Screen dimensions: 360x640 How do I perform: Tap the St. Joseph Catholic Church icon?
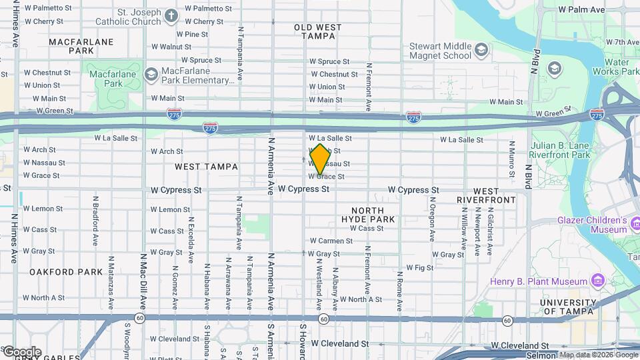point(171,15)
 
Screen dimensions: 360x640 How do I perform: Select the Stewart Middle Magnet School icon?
point(480,50)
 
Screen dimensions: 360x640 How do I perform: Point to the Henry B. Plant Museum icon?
point(597,281)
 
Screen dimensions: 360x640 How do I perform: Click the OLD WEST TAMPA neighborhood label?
point(318,31)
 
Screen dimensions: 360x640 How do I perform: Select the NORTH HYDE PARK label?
point(368,214)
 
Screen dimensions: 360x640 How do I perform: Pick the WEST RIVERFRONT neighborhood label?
point(486,195)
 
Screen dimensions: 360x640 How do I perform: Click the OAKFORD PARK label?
point(66,272)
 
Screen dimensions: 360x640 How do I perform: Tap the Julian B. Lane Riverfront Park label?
point(560,150)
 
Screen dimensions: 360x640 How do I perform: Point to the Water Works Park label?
point(608,67)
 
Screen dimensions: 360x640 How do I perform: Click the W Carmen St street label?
point(331,241)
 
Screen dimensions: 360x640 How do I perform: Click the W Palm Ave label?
point(581,10)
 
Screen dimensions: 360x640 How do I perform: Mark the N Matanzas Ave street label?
point(111,275)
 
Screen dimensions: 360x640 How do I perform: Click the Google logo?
point(21,352)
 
